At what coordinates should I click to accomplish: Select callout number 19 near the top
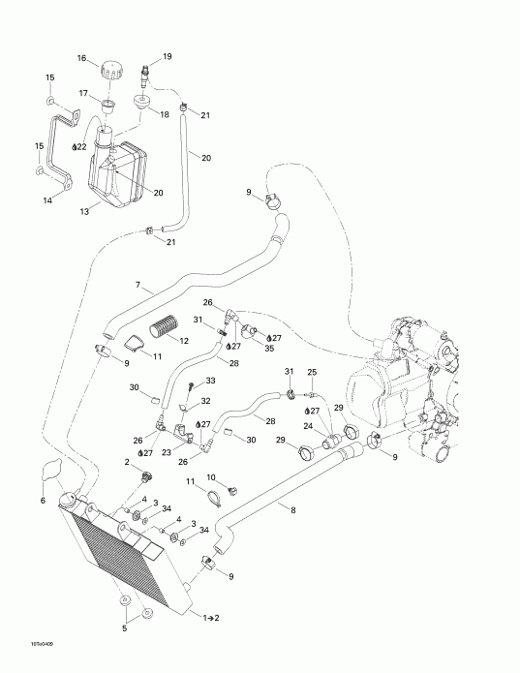click(x=168, y=57)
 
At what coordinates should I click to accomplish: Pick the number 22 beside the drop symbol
click(x=83, y=146)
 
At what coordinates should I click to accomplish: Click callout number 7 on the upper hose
click(x=138, y=286)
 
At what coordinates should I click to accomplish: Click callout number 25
click(x=312, y=372)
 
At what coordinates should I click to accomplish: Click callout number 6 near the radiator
click(x=43, y=500)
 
